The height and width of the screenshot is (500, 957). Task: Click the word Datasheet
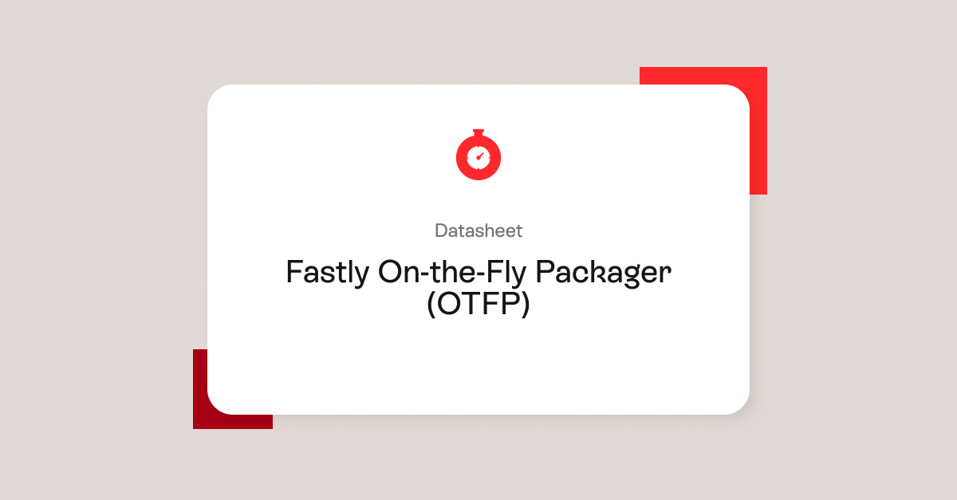(478, 231)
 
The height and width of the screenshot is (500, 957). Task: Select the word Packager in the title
(604, 273)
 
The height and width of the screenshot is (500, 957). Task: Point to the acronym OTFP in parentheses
(478, 305)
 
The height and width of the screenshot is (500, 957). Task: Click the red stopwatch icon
(478, 155)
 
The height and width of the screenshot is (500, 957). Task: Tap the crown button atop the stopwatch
(478, 132)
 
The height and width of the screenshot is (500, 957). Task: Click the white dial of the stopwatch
(478, 156)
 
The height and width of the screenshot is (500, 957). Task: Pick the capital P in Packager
(545, 273)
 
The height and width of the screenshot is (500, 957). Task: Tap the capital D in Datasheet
(441, 231)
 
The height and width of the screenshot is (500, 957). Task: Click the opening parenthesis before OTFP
(431, 305)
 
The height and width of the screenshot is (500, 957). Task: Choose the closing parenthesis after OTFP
(525, 305)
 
